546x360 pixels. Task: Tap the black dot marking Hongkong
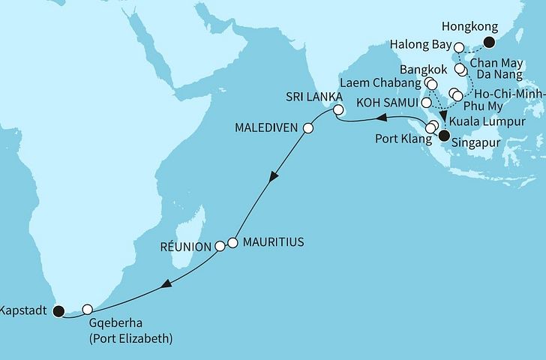(x=490, y=43)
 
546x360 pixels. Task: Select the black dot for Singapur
(x=444, y=136)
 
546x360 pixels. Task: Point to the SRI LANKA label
(x=313, y=97)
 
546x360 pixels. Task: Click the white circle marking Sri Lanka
(x=337, y=111)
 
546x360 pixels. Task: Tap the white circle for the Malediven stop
(x=307, y=128)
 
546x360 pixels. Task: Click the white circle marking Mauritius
(x=232, y=243)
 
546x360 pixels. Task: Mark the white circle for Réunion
(x=220, y=246)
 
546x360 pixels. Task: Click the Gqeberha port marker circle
(x=88, y=308)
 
